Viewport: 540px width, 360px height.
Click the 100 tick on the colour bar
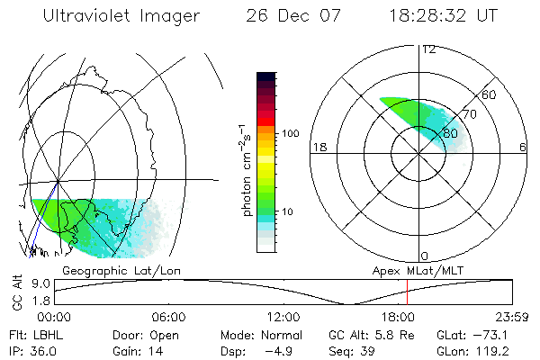point(292,132)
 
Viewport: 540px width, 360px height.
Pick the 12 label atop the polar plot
point(428,49)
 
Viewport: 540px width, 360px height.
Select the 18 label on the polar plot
point(318,147)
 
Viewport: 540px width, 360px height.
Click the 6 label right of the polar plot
point(523,147)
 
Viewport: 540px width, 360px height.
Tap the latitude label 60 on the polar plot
point(489,94)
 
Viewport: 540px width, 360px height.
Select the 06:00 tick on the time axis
point(169,317)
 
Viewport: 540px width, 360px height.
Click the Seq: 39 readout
point(363,348)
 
